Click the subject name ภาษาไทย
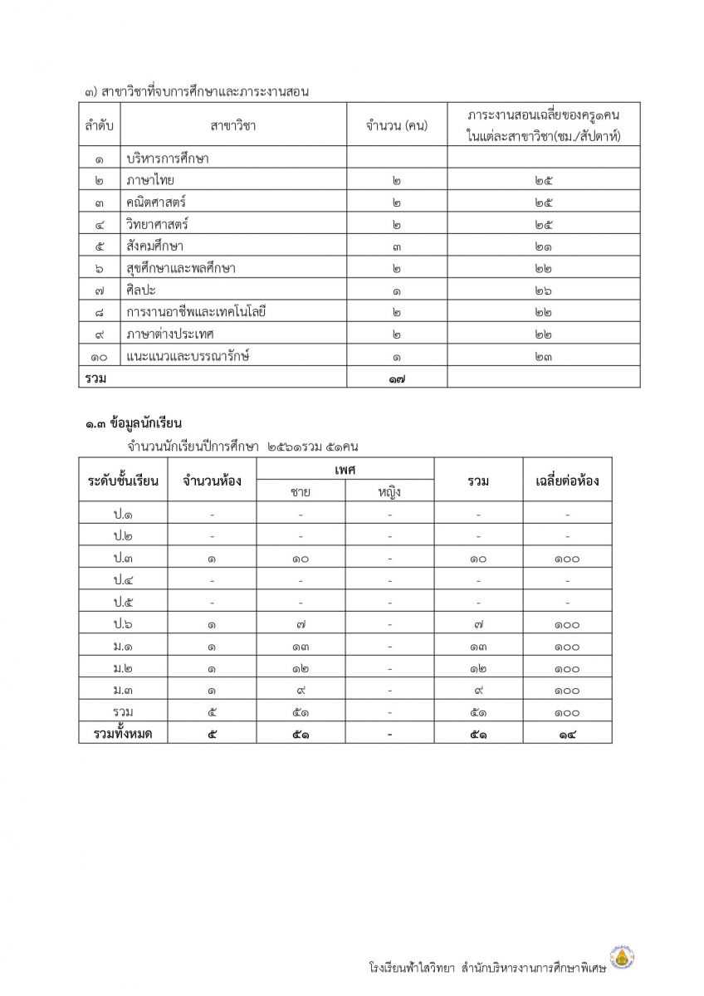[150, 179]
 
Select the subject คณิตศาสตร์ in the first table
[156, 202]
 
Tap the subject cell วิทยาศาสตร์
[157, 224]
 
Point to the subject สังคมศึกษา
[155, 246]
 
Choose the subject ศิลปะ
[141, 290]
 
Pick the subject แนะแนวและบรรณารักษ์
[188, 356]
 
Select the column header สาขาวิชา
[233, 125]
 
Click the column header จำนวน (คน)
[396, 125]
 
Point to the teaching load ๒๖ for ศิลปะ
[544, 290]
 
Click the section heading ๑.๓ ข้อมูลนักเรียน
[133, 424]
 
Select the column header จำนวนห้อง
[213, 481]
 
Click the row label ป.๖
[123, 623]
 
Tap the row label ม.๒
[123, 668]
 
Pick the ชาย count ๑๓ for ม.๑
[301, 646]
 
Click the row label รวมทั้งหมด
[123, 734]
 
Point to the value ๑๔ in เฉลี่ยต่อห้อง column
[567, 734]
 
